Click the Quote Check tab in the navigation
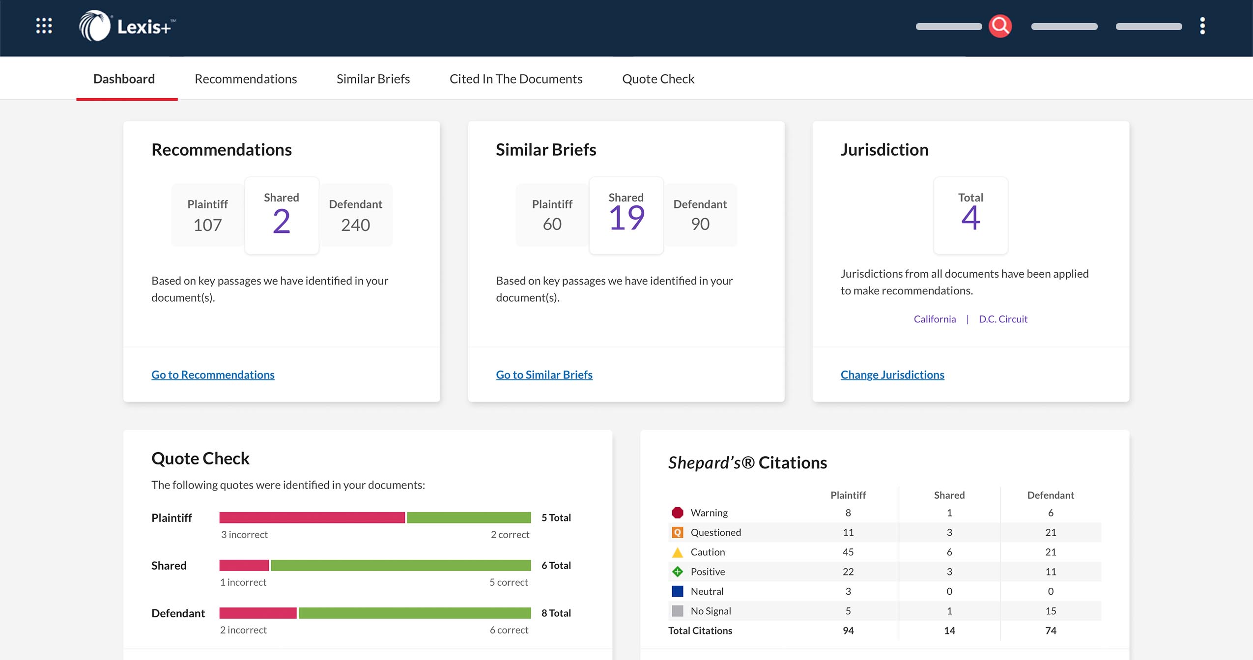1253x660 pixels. tap(658, 79)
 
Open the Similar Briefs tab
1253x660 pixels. tap(373, 79)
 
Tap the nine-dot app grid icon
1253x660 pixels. tap(44, 26)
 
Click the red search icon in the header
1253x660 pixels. tap(1000, 26)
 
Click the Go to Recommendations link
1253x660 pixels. tap(213, 374)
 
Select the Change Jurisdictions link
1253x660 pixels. tap(892, 374)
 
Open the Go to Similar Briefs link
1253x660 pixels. tap(544, 374)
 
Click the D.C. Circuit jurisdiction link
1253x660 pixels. tap(1003, 319)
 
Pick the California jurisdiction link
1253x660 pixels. tap(935, 319)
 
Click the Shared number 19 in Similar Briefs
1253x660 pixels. tap(626, 218)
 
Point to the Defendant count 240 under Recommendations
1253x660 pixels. tap(355, 225)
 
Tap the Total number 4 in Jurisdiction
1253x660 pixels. tap(970, 218)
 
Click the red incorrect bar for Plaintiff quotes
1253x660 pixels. tap(312, 517)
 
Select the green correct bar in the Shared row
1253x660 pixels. tap(400, 565)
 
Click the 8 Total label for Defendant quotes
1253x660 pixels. tap(556, 613)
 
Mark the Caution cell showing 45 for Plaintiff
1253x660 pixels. tap(848, 552)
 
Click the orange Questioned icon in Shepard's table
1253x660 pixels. tap(677, 532)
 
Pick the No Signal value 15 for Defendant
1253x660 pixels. tap(1050, 611)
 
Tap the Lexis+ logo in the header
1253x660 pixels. tap(127, 26)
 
